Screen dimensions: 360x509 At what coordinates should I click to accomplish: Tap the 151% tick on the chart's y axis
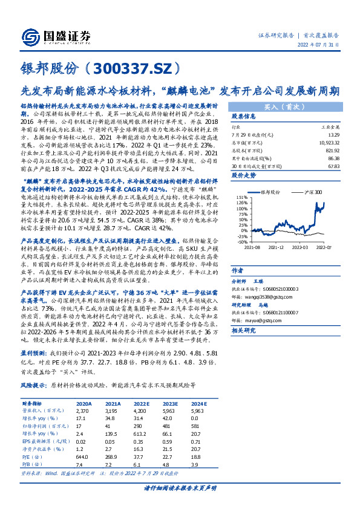click(242, 197)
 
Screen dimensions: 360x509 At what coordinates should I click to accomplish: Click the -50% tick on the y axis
click(241, 241)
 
